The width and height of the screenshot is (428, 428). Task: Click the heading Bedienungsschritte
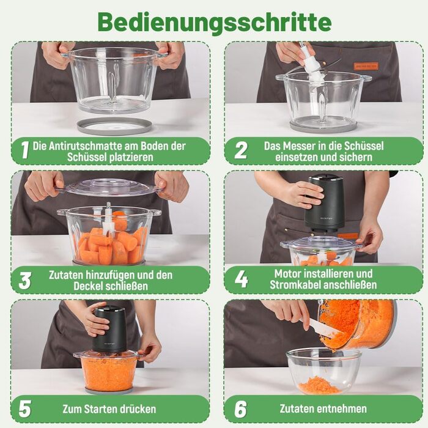point(215,23)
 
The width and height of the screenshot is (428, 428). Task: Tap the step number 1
point(25,150)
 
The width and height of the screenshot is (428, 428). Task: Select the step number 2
point(241,150)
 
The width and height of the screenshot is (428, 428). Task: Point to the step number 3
point(24,281)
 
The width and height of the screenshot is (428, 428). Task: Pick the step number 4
point(242,279)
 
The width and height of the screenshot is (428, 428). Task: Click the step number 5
point(25,408)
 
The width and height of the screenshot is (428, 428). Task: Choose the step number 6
point(241,409)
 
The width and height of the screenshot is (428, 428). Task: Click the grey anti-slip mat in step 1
point(114,126)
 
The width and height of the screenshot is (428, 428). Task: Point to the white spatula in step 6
point(323,328)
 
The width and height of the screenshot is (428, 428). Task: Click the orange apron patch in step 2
point(366,66)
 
